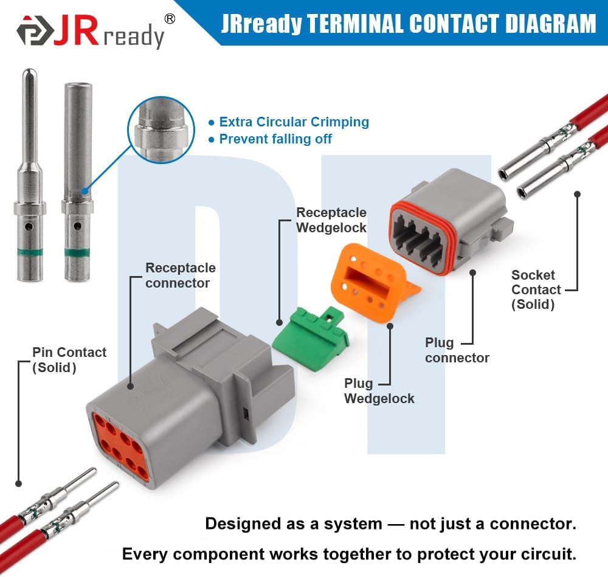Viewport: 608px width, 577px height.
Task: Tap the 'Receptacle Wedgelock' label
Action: pyautogui.click(x=331, y=220)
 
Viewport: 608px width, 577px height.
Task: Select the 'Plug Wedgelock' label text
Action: pyautogui.click(x=379, y=391)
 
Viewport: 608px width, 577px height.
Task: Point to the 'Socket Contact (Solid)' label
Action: pyautogui.click(x=536, y=289)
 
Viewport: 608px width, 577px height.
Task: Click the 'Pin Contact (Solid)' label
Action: pyautogui.click(x=69, y=360)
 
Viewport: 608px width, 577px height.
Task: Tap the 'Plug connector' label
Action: pyautogui.click(x=457, y=350)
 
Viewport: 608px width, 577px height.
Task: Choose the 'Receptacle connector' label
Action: pyautogui.click(x=181, y=275)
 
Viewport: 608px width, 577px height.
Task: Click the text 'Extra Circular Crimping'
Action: pyautogui.click(x=294, y=122)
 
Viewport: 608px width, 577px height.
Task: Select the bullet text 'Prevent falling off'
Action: pyautogui.click(x=275, y=139)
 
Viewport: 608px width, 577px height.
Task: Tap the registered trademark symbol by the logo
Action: pyautogui.click(x=170, y=19)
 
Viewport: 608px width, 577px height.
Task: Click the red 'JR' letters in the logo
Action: pyautogui.click(x=76, y=30)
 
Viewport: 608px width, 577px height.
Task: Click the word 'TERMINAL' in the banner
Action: pyautogui.click(x=355, y=24)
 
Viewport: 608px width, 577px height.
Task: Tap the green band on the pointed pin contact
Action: pyautogui.click(x=30, y=253)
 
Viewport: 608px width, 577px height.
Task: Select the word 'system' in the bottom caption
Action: pyautogui.click(x=353, y=524)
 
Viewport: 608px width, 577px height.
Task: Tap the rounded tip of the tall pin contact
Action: pyautogui.click(x=29, y=72)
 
